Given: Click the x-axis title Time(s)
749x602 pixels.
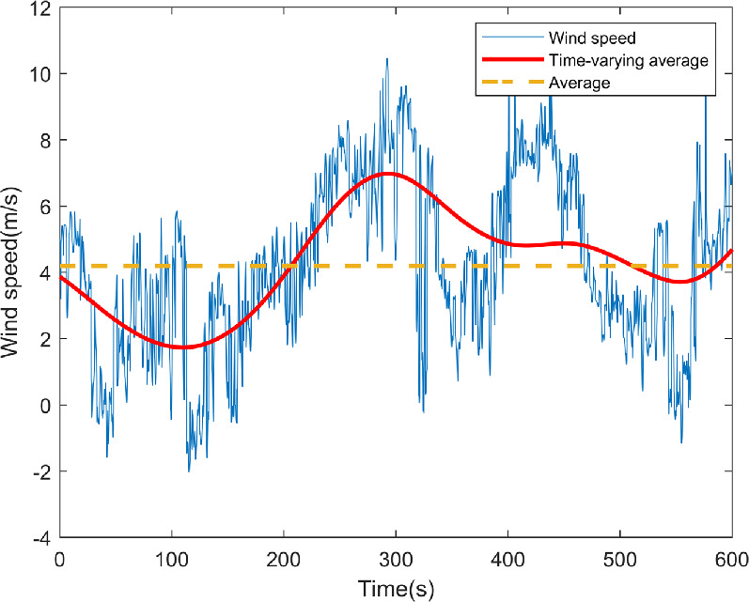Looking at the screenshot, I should point(397,589).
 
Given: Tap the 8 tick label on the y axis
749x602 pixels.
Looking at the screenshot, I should point(44,140).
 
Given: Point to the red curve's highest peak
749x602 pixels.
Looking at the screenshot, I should point(387,174).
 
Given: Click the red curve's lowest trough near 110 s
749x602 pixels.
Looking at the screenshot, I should point(182,347).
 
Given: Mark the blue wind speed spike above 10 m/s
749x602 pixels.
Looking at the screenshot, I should point(386,59).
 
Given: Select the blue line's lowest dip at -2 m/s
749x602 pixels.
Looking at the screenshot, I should point(189,471).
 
